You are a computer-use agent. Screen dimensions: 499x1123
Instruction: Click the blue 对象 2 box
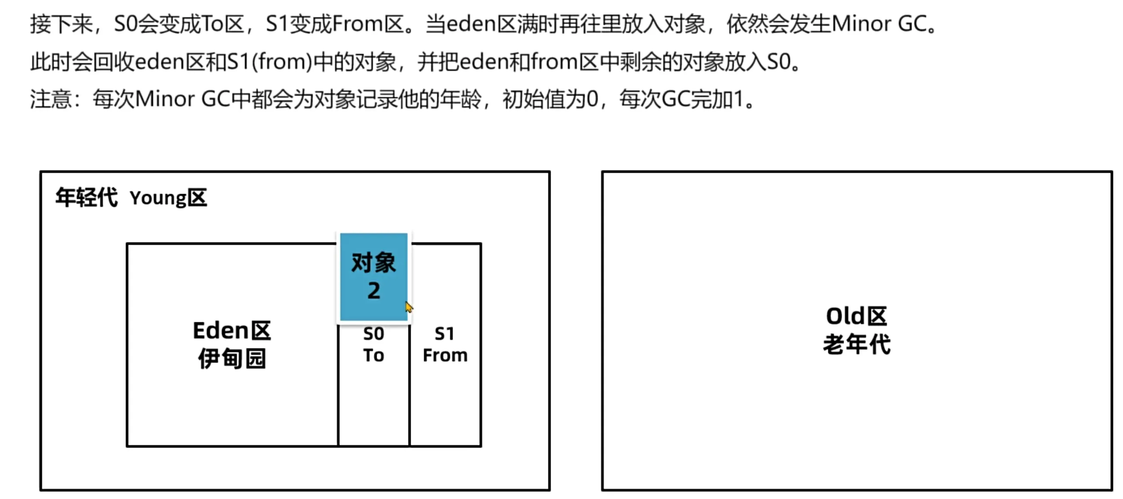click(x=374, y=277)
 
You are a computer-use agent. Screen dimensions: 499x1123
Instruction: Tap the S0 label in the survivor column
click(x=374, y=334)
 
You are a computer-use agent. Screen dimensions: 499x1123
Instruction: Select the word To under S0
click(x=374, y=355)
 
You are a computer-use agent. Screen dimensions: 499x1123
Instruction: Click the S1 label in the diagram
click(x=445, y=334)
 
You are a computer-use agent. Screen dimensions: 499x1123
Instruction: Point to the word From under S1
click(x=445, y=355)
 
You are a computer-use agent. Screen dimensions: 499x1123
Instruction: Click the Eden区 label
click(x=232, y=331)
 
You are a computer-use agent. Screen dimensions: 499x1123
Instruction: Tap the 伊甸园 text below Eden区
click(x=232, y=359)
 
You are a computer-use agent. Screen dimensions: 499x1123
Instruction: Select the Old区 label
click(x=857, y=316)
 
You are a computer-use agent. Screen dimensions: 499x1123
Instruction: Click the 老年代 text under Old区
click(x=857, y=345)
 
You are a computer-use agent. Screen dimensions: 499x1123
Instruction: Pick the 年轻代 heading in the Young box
click(x=86, y=197)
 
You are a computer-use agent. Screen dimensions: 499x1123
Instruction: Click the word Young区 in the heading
click(x=168, y=198)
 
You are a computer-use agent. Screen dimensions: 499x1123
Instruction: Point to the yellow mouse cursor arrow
click(x=408, y=307)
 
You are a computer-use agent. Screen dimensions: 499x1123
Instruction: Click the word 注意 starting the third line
click(x=51, y=99)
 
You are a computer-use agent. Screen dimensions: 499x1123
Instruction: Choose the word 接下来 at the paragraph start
click(x=61, y=24)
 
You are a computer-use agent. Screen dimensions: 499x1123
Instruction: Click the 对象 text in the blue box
click(x=374, y=263)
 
